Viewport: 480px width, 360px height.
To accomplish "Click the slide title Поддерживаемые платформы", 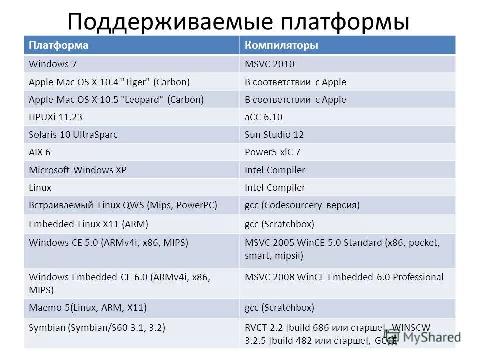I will click(x=238, y=22).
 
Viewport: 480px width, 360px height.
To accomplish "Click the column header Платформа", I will click(x=59, y=46).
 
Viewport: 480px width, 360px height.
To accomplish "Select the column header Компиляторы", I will click(x=281, y=46).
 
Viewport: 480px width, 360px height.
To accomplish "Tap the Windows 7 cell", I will click(x=53, y=64).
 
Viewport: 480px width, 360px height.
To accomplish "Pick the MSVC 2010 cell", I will click(x=269, y=64).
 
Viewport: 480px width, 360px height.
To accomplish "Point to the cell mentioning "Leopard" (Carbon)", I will click(x=116, y=99).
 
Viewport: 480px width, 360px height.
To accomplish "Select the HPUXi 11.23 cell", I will click(x=56, y=117).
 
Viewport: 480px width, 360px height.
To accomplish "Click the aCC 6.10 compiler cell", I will click(x=264, y=117).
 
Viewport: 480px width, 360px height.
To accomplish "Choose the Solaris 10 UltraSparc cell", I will click(x=73, y=135).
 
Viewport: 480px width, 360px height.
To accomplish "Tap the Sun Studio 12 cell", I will click(x=274, y=135).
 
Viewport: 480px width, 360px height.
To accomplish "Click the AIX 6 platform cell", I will click(x=40, y=152).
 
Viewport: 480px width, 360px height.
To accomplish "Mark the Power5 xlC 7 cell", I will click(x=272, y=152).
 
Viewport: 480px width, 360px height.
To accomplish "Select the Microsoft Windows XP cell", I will click(x=78, y=170).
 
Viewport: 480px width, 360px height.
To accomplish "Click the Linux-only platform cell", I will click(x=40, y=188).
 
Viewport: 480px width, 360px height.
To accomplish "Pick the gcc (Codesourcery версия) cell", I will click(x=302, y=205).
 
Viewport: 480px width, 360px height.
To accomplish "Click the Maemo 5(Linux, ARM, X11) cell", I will click(x=88, y=308).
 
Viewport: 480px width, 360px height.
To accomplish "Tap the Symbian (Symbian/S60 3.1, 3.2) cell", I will click(x=97, y=328).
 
